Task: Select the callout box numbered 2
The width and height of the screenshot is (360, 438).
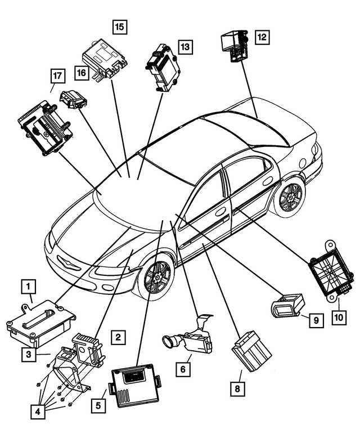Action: pyautogui.click(x=118, y=337)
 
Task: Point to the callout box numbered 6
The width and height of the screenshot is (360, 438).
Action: pyautogui.click(x=183, y=370)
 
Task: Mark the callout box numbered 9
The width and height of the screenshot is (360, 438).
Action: pyautogui.click(x=316, y=320)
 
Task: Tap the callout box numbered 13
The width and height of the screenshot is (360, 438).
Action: pyautogui.click(x=186, y=47)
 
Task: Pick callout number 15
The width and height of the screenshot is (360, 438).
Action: pyautogui.click(x=119, y=26)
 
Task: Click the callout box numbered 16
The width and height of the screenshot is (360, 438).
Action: pyautogui.click(x=82, y=72)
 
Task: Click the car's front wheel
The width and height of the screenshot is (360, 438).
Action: pyautogui.click(x=157, y=276)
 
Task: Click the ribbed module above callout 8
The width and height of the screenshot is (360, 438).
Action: pyautogui.click(x=251, y=350)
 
